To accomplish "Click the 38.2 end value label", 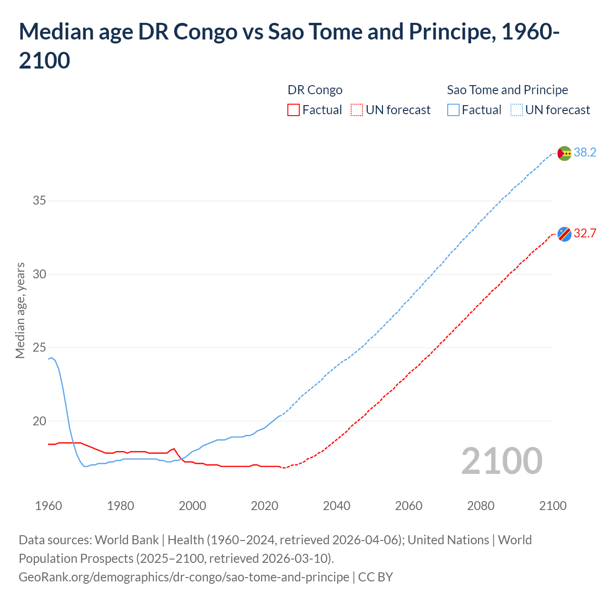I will (x=585, y=153).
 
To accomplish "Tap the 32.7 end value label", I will (x=585, y=234).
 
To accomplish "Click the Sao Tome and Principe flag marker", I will (x=564, y=153).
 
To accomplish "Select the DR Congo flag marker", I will (x=564, y=234).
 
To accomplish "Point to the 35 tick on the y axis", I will (x=39, y=201).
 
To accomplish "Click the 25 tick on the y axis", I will (x=39, y=348).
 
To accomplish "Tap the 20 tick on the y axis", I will (x=39, y=422).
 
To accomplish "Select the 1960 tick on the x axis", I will (x=49, y=506).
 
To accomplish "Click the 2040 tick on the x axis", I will (x=336, y=506).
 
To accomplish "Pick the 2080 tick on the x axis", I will (x=481, y=506).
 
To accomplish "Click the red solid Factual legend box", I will (x=294, y=110).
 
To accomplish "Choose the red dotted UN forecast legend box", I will (x=357, y=110).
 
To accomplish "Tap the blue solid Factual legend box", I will (x=453, y=110).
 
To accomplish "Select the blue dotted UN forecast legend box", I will (x=517, y=110).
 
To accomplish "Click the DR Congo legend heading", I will (x=315, y=90).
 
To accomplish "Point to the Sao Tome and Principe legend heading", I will (x=507, y=90).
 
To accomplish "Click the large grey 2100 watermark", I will (x=501, y=461).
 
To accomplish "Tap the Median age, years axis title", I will (x=20, y=310).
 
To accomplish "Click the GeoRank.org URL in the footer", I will (x=184, y=577).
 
